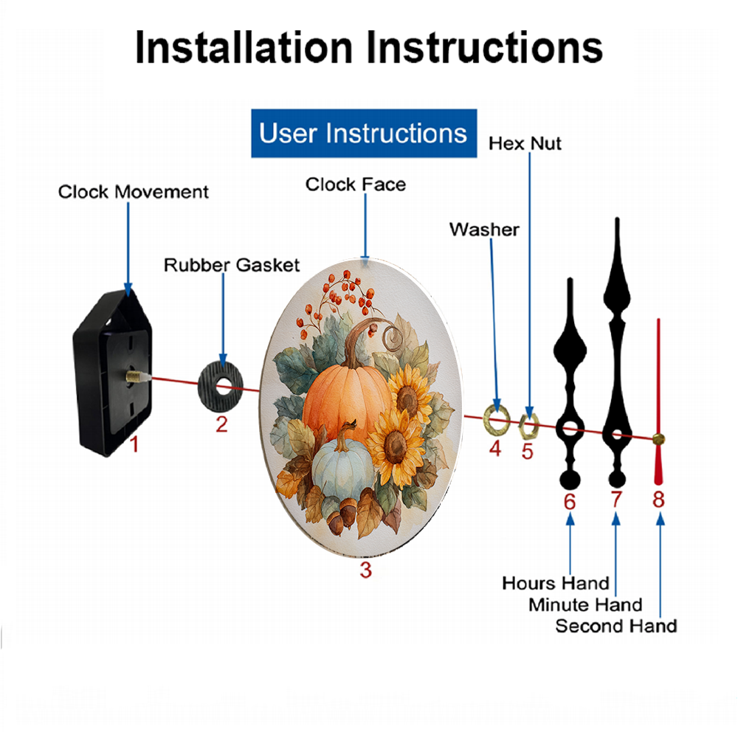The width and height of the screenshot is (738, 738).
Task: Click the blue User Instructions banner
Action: pos(364,133)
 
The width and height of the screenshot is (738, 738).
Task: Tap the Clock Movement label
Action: pos(133,192)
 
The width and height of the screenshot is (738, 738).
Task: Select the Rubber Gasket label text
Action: pos(232,265)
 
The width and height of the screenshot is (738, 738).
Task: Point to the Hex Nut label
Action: pos(525,144)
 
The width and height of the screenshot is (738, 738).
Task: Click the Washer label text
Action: pos(484,230)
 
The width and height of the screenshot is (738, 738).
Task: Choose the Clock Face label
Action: pos(356,184)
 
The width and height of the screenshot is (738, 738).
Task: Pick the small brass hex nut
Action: pos(528,427)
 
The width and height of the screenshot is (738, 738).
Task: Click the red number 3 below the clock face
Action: pos(366,570)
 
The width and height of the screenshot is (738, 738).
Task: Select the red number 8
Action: pos(658,499)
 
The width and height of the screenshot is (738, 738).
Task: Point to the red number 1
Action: pos(134,444)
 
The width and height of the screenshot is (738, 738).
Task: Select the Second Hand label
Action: pos(616,626)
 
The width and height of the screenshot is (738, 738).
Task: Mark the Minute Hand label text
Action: pos(585,605)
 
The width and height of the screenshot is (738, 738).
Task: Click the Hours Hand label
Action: pos(556,583)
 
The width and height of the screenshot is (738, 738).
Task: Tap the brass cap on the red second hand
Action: pos(658,440)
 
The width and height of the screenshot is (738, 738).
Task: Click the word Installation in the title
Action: pos(244,47)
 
